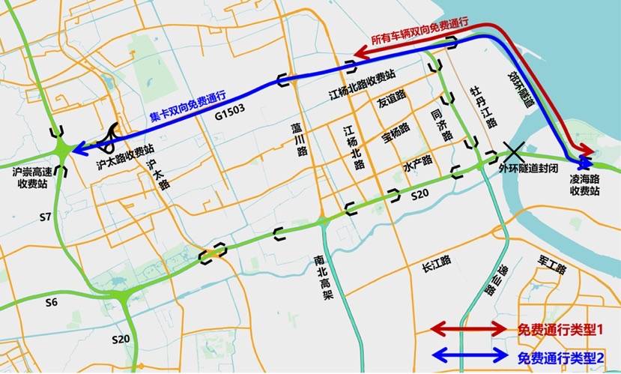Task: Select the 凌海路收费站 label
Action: coord(585,186)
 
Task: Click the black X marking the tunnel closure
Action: coord(514,150)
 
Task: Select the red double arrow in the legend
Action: coord(470,329)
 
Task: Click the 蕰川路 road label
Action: coord(301,139)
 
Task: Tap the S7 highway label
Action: coord(45,218)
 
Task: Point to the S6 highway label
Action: coord(50,302)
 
